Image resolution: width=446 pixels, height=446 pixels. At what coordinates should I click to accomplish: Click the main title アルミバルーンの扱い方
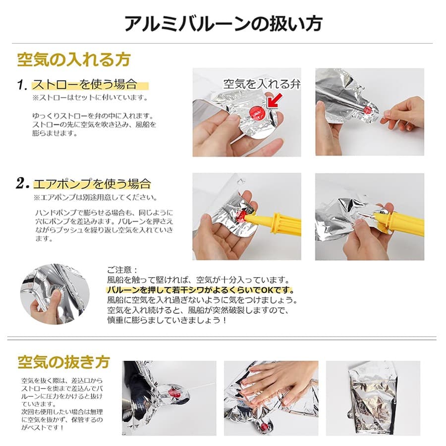tap(223, 23)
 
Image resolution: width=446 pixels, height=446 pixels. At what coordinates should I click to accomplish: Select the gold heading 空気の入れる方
tap(74, 60)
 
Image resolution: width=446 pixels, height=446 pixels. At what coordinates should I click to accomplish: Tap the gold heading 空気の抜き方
tap(64, 362)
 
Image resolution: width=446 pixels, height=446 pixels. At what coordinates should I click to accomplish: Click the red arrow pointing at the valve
tap(275, 101)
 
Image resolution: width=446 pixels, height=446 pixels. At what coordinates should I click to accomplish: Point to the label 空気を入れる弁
tap(262, 84)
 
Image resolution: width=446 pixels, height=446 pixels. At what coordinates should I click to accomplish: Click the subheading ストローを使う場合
tap(85, 84)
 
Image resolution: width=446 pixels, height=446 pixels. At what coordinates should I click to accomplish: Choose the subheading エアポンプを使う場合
tap(92, 184)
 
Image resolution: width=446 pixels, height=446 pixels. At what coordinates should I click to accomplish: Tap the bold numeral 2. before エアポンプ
tap(23, 183)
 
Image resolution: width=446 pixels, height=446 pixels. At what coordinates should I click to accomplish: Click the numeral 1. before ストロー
tap(22, 85)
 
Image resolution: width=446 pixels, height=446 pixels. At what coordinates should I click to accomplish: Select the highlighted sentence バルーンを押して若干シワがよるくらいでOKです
tap(200, 290)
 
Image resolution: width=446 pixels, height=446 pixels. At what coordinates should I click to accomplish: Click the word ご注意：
tap(122, 270)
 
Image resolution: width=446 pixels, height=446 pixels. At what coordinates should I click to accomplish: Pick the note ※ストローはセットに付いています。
tap(90, 98)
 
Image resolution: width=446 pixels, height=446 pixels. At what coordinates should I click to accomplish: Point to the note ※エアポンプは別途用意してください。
tap(95, 197)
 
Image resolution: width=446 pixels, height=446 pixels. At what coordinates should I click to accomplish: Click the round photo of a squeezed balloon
tap(55, 294)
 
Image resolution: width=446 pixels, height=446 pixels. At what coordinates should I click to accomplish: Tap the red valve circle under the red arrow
tap(257, 112)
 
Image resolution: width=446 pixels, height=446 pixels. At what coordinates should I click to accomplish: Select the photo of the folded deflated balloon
tap(373, 398)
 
